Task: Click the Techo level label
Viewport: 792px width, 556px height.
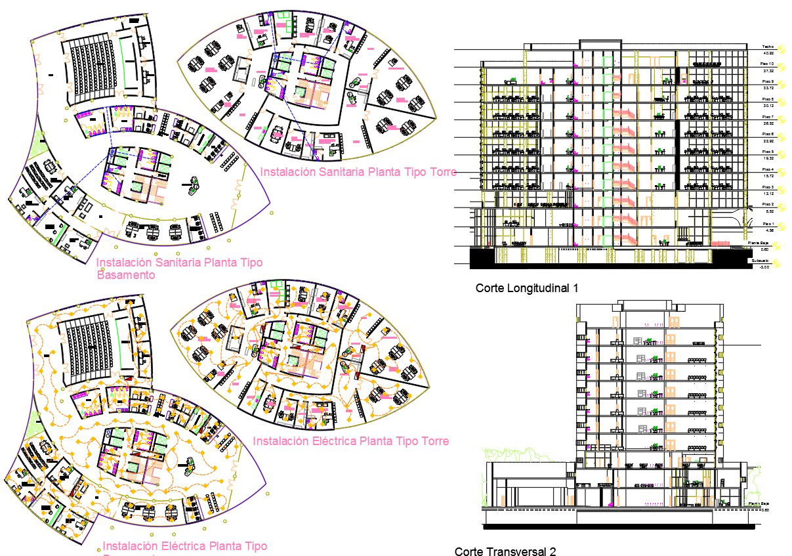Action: click(x=768, y=47)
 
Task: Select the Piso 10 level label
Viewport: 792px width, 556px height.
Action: click(x=768, y=64)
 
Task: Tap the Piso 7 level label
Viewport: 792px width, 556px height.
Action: click(x=768, y=116)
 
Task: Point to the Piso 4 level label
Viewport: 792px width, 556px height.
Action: click(x=768, y=169)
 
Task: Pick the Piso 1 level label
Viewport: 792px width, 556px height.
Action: click(x=768, y=224)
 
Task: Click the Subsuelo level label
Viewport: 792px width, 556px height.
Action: click(x=761, y=261)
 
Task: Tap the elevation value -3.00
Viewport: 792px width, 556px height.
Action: click(x=764, y=267)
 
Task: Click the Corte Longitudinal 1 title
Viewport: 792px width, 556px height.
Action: click(x=527, y=288)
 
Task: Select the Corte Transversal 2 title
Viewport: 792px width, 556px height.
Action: click(x=505, y=551)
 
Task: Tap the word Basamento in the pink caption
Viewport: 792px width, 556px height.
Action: click(x=126, y=275)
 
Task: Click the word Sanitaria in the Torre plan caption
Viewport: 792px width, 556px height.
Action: click(x=340, y=172)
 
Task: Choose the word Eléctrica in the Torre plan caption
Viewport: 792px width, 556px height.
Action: click(x=331, y=440)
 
